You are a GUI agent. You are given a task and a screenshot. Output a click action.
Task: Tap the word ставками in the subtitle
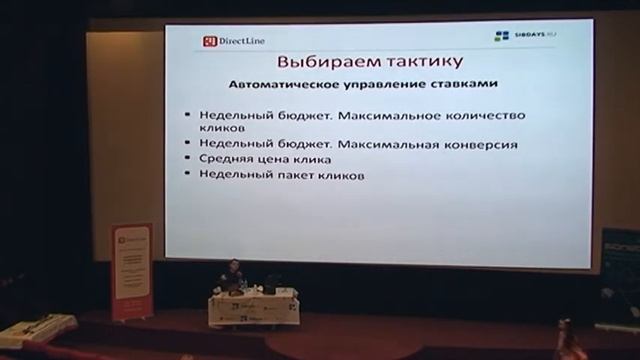[466, 84]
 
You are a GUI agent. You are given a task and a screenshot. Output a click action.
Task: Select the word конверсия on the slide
[479, 145]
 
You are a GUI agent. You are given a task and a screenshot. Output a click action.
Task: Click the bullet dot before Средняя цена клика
[188, 160]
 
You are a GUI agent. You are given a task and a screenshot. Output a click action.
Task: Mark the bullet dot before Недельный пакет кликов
[188, 175]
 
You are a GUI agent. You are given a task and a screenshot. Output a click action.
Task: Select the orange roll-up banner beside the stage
[131, 270]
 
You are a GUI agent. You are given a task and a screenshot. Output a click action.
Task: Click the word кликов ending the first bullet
[220, 129]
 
